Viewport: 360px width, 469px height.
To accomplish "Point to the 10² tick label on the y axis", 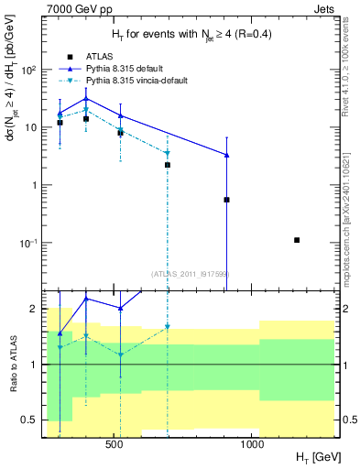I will [31, 70].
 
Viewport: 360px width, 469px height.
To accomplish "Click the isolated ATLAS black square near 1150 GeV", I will [297, 240].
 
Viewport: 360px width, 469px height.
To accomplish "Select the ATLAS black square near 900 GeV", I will [226, 199].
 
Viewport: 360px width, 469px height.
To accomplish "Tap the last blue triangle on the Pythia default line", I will [226, 155].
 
